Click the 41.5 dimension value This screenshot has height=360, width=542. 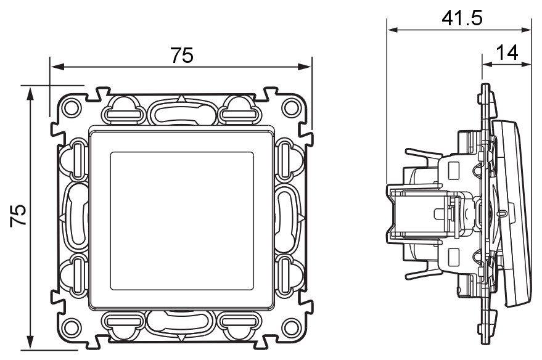coord(462,18)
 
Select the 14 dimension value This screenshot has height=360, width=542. coord(507,53)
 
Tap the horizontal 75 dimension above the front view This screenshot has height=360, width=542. coord(182,55)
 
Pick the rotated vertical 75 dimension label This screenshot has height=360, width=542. coord(18,215)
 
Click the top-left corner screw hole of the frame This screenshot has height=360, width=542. coord(71,107)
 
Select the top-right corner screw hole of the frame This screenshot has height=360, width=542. coord(290,108)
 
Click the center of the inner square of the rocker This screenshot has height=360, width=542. coord(182,221)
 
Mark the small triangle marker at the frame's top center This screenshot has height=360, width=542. coord(181,99)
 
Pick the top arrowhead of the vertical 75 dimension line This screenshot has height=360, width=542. coord(31,93)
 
